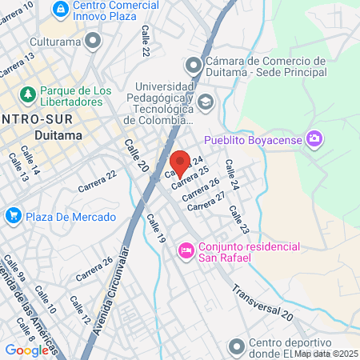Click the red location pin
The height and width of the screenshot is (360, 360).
click(x=180, y=163)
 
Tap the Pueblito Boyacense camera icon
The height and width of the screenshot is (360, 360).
click(x=314, y=139)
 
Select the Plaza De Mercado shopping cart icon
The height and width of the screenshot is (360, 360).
click(x=12, y=215)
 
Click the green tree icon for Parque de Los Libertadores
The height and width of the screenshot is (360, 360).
click(x=28, y=94)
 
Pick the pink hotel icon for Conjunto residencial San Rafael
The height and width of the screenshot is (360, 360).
click(x=186, y=251)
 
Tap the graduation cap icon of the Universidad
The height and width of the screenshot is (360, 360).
click(x=206, y=102)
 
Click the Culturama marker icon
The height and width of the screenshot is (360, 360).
click(x=94, y=39)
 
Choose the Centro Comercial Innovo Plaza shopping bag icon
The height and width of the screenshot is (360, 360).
click(x=61, y=8)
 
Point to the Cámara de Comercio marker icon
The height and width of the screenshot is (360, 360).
click(x=192, y=66)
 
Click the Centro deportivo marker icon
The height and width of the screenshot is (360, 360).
click(x=236, y=347)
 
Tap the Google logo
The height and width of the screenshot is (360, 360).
click(x=26, y=350)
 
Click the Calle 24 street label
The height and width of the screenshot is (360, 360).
click(x=232, y=175)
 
